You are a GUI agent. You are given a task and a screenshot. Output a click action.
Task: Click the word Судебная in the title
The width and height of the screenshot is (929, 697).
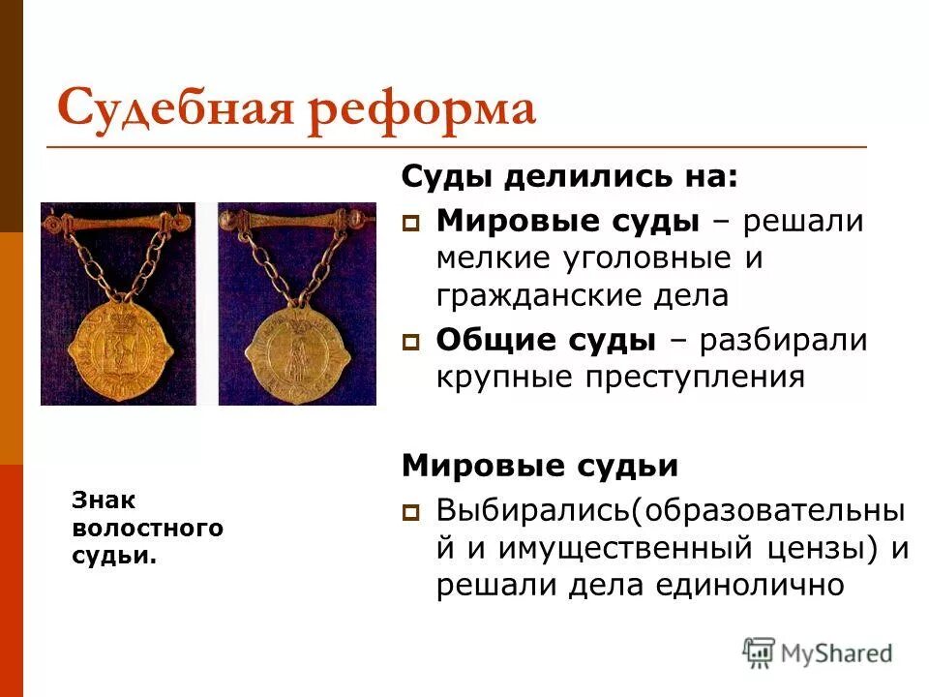(x=170, y=108)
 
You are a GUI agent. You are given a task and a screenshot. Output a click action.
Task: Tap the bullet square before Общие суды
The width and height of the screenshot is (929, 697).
(x=410, y=342)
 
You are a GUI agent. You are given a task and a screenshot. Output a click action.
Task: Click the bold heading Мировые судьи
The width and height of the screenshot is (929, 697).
(x=540, y=466)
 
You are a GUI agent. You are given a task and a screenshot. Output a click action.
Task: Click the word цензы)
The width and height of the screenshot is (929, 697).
(x=829, y=548)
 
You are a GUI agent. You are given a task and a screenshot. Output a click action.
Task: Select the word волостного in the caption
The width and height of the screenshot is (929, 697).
(x=146, y=529)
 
